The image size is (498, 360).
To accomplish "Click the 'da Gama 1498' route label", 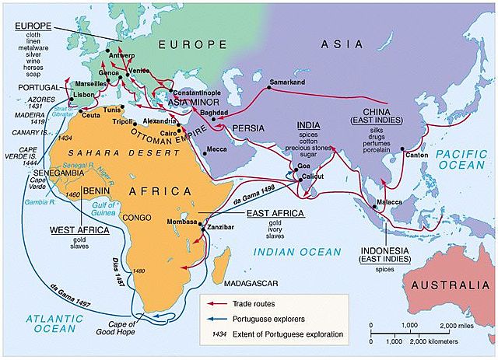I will [254, 201].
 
